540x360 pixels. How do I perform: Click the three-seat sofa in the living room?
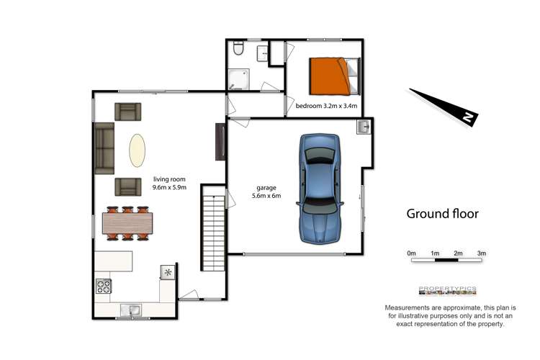point(103,148)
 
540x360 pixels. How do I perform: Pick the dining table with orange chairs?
point(128,223)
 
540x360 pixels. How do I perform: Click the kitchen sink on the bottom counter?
point(130,310)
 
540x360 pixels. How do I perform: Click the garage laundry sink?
point(364,127)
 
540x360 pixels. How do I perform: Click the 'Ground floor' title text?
point(442,213)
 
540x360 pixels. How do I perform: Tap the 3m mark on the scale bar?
point(482,253)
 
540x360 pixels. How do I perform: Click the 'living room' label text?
point(169,180)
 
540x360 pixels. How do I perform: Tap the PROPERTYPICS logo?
point(447,289)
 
